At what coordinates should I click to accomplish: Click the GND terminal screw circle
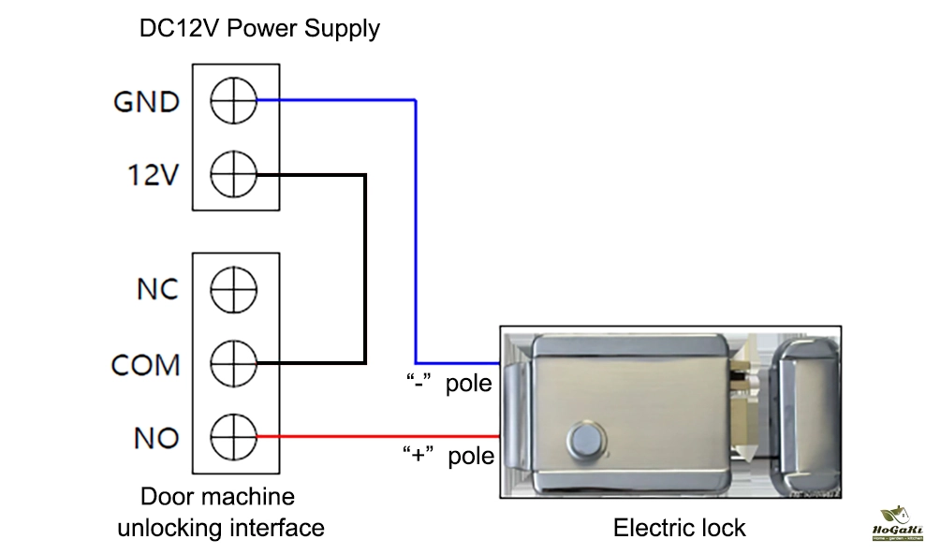233,99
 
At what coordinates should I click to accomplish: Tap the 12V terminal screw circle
233,174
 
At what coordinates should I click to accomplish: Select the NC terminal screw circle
233,289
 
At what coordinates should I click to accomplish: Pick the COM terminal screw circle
233,363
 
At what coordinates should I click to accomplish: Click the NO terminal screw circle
233,436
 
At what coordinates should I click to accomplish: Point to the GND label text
146,101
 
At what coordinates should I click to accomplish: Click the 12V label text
153,175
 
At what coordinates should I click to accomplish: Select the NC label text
157,290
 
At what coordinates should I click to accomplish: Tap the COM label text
145,364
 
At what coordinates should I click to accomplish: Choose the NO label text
156,437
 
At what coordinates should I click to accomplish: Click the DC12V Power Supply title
259,28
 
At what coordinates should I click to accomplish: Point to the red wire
375,436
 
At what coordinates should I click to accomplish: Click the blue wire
416,234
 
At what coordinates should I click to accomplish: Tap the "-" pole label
448,384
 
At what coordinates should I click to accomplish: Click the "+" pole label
448,457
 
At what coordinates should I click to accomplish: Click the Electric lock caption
679,528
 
